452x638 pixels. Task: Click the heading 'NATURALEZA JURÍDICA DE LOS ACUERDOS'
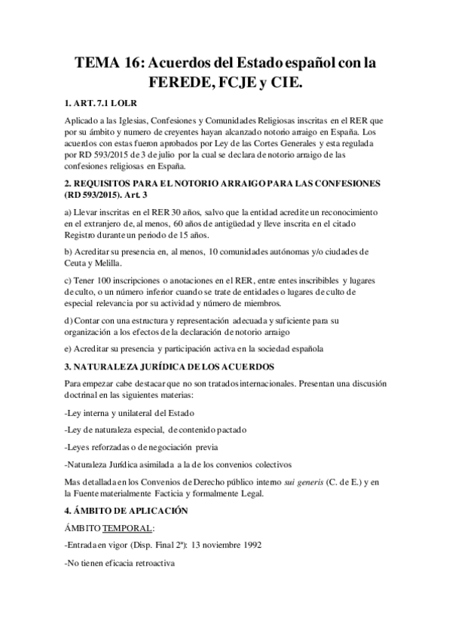[176, 366]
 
